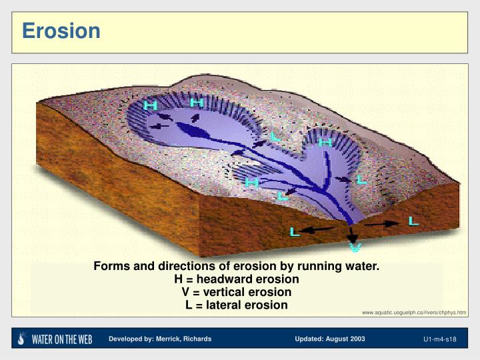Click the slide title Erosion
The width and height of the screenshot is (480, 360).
point(61,31)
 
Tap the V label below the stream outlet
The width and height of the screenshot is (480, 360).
point(355,247)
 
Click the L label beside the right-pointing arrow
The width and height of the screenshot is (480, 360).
point(414,220)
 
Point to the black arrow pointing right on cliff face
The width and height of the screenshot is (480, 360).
point(382,225)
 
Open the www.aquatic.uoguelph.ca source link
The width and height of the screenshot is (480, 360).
point(413,313)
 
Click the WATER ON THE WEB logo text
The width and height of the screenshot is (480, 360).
point(63,339)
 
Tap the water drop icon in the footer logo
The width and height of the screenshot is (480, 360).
point(22,339)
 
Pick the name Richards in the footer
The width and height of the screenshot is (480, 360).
point(197,339)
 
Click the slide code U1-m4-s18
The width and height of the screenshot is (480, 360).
point(439,340)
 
